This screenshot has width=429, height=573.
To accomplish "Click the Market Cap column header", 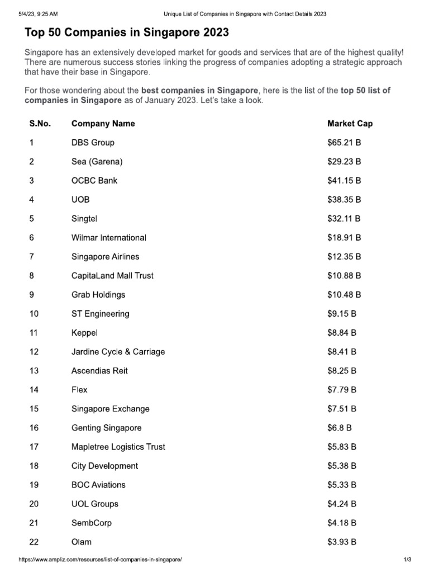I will [x=350, y=124].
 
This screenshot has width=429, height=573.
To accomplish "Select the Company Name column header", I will [x=103, y=124].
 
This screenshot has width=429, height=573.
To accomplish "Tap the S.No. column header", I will [x=40, y=124].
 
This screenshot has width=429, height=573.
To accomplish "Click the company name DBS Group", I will [x=93, y=143].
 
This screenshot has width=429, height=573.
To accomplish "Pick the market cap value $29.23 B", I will [x=344, y=162].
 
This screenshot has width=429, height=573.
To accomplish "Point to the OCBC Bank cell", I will [x=94, y=181].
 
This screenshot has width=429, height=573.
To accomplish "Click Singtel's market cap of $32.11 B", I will [x=344, y=219].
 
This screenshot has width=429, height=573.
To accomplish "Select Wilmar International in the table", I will [x=109, y=238].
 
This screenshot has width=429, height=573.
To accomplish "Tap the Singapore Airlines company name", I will [x=106, y=257].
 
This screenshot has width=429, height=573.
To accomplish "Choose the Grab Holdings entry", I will [x=98, y=295].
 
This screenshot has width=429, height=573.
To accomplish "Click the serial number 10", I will [x=34, y=314].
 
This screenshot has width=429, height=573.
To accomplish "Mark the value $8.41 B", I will [x=342, y=352].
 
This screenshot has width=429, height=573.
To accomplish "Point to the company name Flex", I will [x=79, y=390].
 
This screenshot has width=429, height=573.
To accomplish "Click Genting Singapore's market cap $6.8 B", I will [x=339, y=428].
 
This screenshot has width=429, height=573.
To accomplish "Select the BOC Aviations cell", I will [x=98, y=485].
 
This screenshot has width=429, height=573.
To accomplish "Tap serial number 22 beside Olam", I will [x=34, y=542].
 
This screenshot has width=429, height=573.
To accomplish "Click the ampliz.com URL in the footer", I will [x=101, y=560].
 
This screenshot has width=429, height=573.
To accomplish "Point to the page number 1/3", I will [x=407, y=560].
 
